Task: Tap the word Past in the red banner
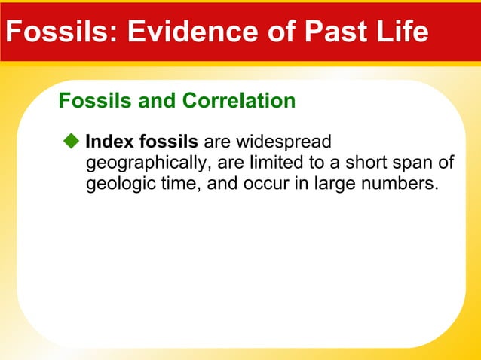click(x=320, y=32)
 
